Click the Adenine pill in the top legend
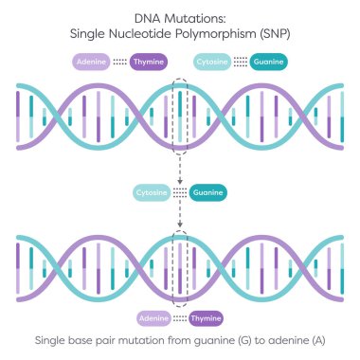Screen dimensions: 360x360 91,62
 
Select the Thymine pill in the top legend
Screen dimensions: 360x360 147,62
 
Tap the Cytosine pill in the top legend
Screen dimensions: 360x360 211,62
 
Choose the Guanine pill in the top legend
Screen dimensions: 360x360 270,62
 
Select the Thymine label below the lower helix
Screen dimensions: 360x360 207,317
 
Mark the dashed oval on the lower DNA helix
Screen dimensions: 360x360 180,262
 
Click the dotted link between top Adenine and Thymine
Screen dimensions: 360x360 119,62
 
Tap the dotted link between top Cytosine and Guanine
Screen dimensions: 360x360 241,62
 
